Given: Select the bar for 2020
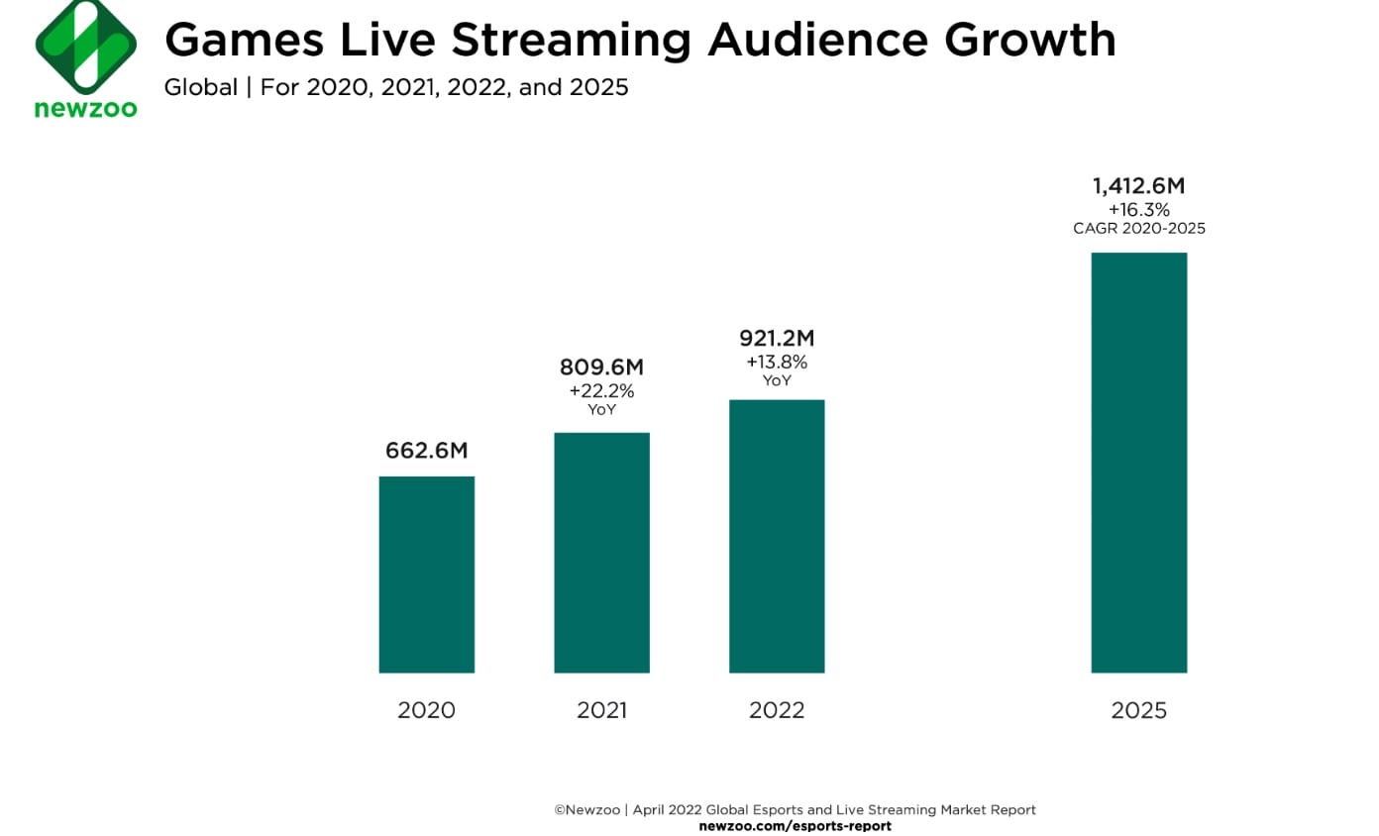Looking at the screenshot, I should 427,575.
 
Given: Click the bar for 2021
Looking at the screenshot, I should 601,553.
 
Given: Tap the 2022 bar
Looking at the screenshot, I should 777,536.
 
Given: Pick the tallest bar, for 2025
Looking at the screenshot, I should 1139,463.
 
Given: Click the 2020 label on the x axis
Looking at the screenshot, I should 427,710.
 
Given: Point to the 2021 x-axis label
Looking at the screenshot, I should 601,710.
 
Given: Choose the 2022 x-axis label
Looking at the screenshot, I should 777,710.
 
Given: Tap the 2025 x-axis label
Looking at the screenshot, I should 1139,710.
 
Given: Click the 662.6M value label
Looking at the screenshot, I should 427,451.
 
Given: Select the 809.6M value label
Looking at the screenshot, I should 601,367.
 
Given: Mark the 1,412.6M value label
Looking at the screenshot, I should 1139,185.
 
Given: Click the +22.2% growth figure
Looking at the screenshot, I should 601,390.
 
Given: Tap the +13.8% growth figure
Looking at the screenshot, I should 777,363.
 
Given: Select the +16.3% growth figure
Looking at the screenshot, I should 1139,209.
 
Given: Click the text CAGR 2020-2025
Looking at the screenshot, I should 1139,229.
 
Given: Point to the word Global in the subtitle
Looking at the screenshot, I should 200,87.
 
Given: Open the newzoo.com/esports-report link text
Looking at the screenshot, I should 795,825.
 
